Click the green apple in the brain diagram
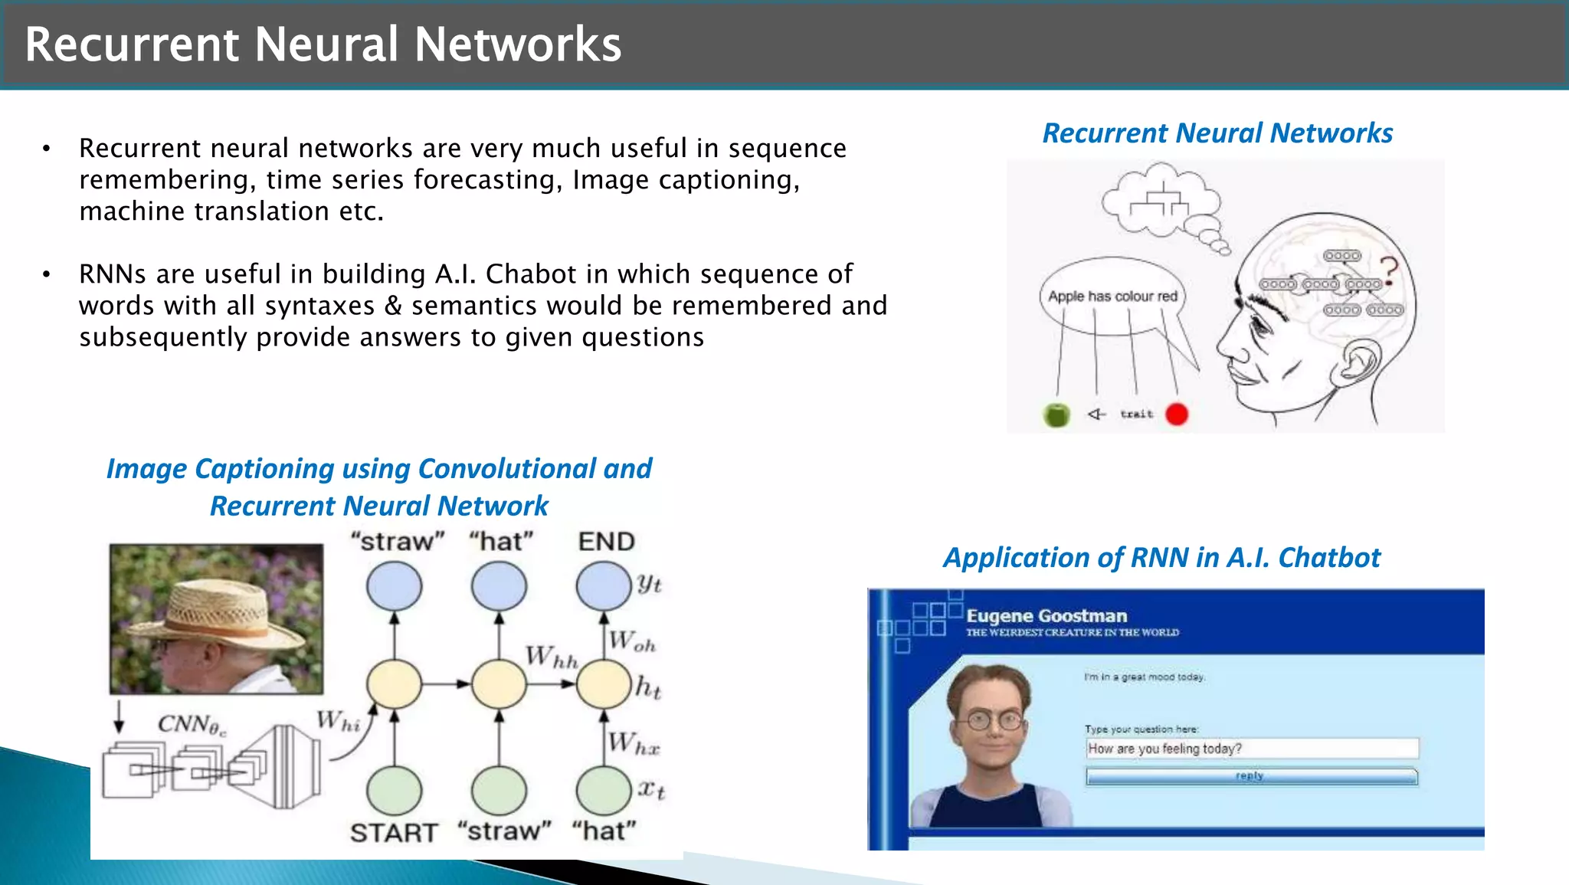pos(1056,415)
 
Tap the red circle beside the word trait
pos(1177,414)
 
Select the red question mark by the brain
pos(1389,270)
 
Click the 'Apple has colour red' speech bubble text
pos(1112,297)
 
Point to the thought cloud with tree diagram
pos(1161,202)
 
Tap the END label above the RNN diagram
pos(606,542)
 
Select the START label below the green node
pos(394,832)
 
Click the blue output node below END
pos(604,586)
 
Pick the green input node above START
pos(395,791)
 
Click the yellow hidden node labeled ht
pos(604,684)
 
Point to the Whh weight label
pos(552,657)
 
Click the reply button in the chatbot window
pos(1250,776)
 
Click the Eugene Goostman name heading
pos(1047,616)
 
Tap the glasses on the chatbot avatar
pos(994,720)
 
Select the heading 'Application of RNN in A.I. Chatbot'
pos(1161,558)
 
